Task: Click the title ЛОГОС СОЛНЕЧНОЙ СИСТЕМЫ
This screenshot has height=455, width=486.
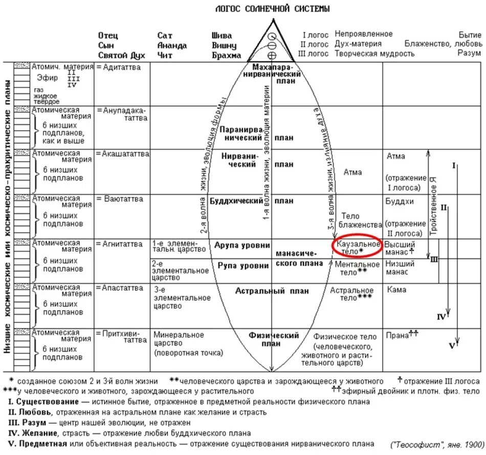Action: (272, 9)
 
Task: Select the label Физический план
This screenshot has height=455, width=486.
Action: (274, 339)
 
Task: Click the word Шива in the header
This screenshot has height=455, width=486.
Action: (222, 36)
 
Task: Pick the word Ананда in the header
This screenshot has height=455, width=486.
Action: (172, 46)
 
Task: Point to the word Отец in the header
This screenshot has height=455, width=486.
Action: (108, 36)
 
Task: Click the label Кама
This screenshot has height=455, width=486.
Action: (396, 290)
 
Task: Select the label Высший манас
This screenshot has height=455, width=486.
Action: (399, 248)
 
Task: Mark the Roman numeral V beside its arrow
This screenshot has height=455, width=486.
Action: (452, 346)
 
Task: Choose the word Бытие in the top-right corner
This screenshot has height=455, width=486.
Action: (470, 34)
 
